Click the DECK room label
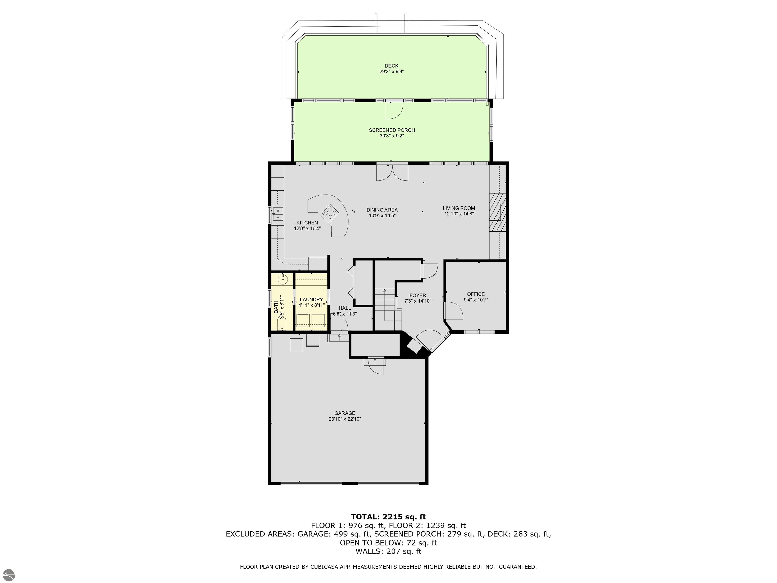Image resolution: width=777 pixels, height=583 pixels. (x=391, y=66)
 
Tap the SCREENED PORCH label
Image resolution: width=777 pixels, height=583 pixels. (x=392, y=130)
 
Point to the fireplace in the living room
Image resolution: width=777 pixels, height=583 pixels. (x=498, y=212)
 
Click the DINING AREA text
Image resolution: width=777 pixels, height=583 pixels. (x=382, y=210)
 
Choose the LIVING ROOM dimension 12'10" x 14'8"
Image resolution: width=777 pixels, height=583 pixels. (x=459, y=214)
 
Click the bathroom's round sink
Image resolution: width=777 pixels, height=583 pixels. (x=283, y=280)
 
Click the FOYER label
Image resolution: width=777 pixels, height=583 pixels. (x=418, y=296)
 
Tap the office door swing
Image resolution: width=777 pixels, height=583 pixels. (x=454, y=311)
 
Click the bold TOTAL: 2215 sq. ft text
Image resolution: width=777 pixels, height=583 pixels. (x=388, y=517)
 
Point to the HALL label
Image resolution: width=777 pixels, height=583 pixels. (x=344, y=308)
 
